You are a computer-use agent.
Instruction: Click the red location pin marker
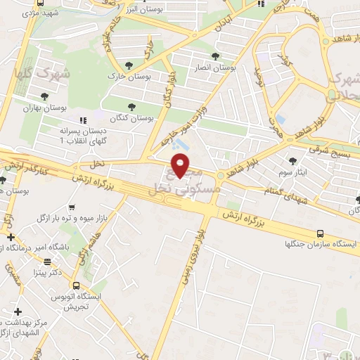pyautogui.click(x=181, y=166)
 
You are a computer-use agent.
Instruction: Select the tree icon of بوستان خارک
pyautogui.click(x=128, y=63)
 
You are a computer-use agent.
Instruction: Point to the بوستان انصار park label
pyautogui.click(x=216, y=69)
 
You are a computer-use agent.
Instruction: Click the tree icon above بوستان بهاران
pyautogui.click(x=45, y=96)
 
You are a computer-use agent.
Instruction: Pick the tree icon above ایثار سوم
pyautogui.click(x=292, y=161)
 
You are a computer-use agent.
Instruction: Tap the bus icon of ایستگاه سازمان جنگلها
pyautogui.click(x=321, y=233)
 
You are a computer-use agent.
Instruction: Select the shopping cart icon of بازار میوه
pyautogui.click(x=73, y=207)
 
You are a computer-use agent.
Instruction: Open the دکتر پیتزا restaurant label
pyautogui.click(x=46, y=271)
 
